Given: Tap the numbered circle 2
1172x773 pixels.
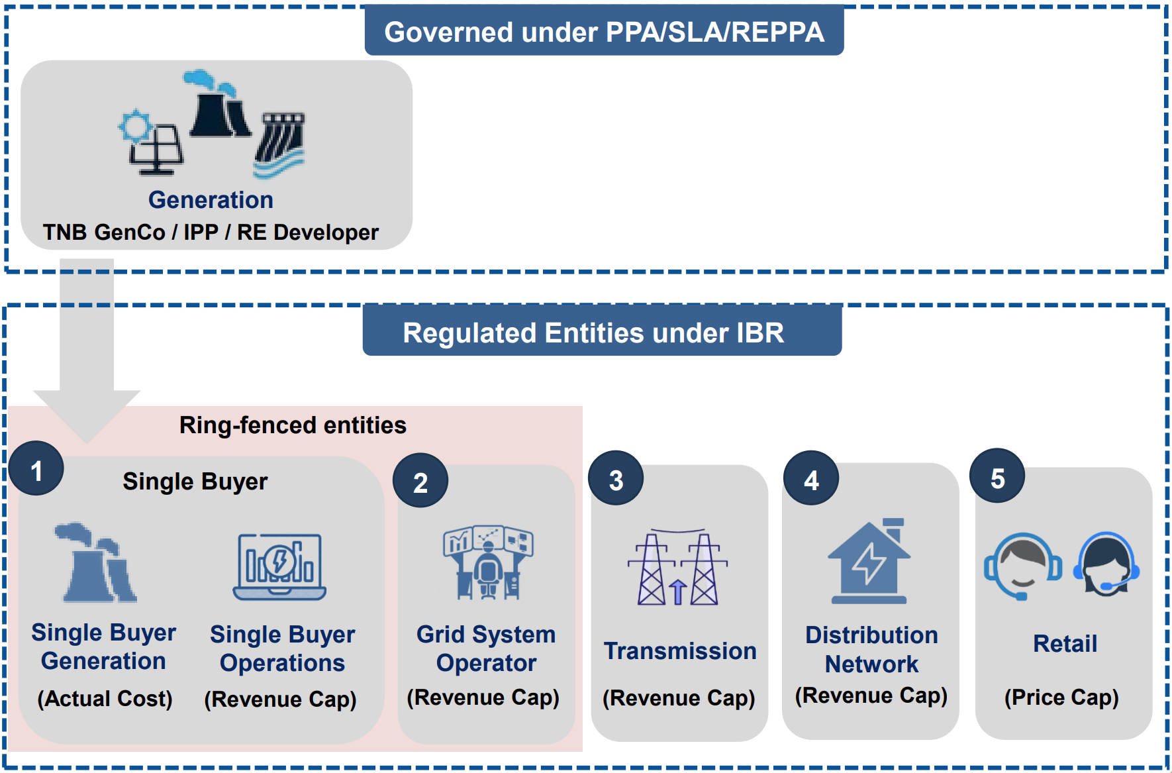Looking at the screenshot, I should (x=420, y=481).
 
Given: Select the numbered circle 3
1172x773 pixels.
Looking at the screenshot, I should (x=616, y=479).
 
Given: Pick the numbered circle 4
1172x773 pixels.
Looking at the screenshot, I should (x=811, y=479).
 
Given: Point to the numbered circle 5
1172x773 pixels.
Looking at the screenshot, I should (x=997, y=476).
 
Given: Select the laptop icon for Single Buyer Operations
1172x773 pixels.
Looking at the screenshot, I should (x=279, y=567).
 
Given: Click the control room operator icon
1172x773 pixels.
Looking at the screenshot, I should (x=488, y=562).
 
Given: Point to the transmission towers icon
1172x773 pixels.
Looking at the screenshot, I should (x=677, y=568).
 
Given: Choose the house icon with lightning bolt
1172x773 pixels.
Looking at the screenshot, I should (x=869, y=562).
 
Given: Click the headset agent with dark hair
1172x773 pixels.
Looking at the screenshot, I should (x=1106, y=565).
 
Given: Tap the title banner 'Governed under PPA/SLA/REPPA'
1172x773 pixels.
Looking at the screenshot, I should (x=604, y=31).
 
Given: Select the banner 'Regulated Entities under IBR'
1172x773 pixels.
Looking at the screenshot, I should (x=602, y=332).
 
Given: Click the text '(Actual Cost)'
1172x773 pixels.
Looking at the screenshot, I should (x=105, y=698).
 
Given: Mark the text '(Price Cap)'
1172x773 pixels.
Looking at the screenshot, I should (x=1061, y=697).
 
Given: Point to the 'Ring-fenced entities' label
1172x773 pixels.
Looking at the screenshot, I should (x=293, y=425).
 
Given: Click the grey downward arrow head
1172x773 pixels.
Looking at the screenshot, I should (x=87, y=414).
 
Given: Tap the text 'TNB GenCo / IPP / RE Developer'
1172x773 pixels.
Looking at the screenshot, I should (x=211, y=232).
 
